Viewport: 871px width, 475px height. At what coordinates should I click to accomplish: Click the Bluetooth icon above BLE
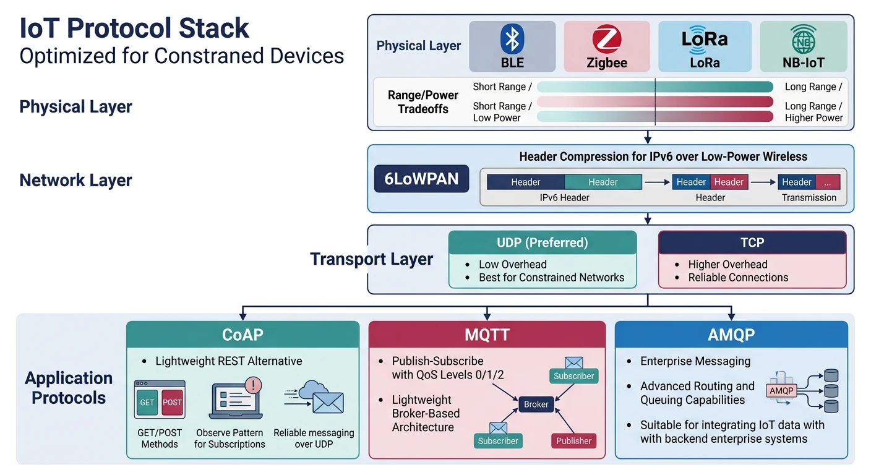(x=512, y=39)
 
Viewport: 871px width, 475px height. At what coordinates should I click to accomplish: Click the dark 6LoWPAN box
(x=422, y=179)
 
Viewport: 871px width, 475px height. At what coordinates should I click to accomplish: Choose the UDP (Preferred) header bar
(x=542, y=242)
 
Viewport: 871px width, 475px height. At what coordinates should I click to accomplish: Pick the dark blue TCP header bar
(x=752, y=242)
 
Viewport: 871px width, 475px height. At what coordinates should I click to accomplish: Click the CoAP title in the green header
(x=242, y=335)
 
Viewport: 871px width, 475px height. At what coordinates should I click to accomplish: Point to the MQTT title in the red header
(x=487, y=335)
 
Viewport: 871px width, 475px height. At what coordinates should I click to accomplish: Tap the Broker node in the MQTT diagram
(x=536, y=404)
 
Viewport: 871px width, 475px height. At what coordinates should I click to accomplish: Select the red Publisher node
(x=573, y=441)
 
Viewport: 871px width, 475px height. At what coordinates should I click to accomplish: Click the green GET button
(x=147, y=402)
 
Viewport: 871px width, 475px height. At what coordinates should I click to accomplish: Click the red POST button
(x=172, y=402)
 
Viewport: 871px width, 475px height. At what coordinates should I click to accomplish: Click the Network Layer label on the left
(x=75, y=181)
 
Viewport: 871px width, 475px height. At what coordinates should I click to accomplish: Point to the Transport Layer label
(x=371, y=259)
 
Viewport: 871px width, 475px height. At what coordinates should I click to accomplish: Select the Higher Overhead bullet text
(x=727, y=264)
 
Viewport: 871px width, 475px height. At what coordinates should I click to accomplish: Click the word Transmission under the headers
(x=809, y=198)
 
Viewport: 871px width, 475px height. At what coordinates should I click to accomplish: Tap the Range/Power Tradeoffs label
(x=423, y=102)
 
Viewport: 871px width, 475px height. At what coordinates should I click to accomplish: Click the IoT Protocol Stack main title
(x=134, y=28)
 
